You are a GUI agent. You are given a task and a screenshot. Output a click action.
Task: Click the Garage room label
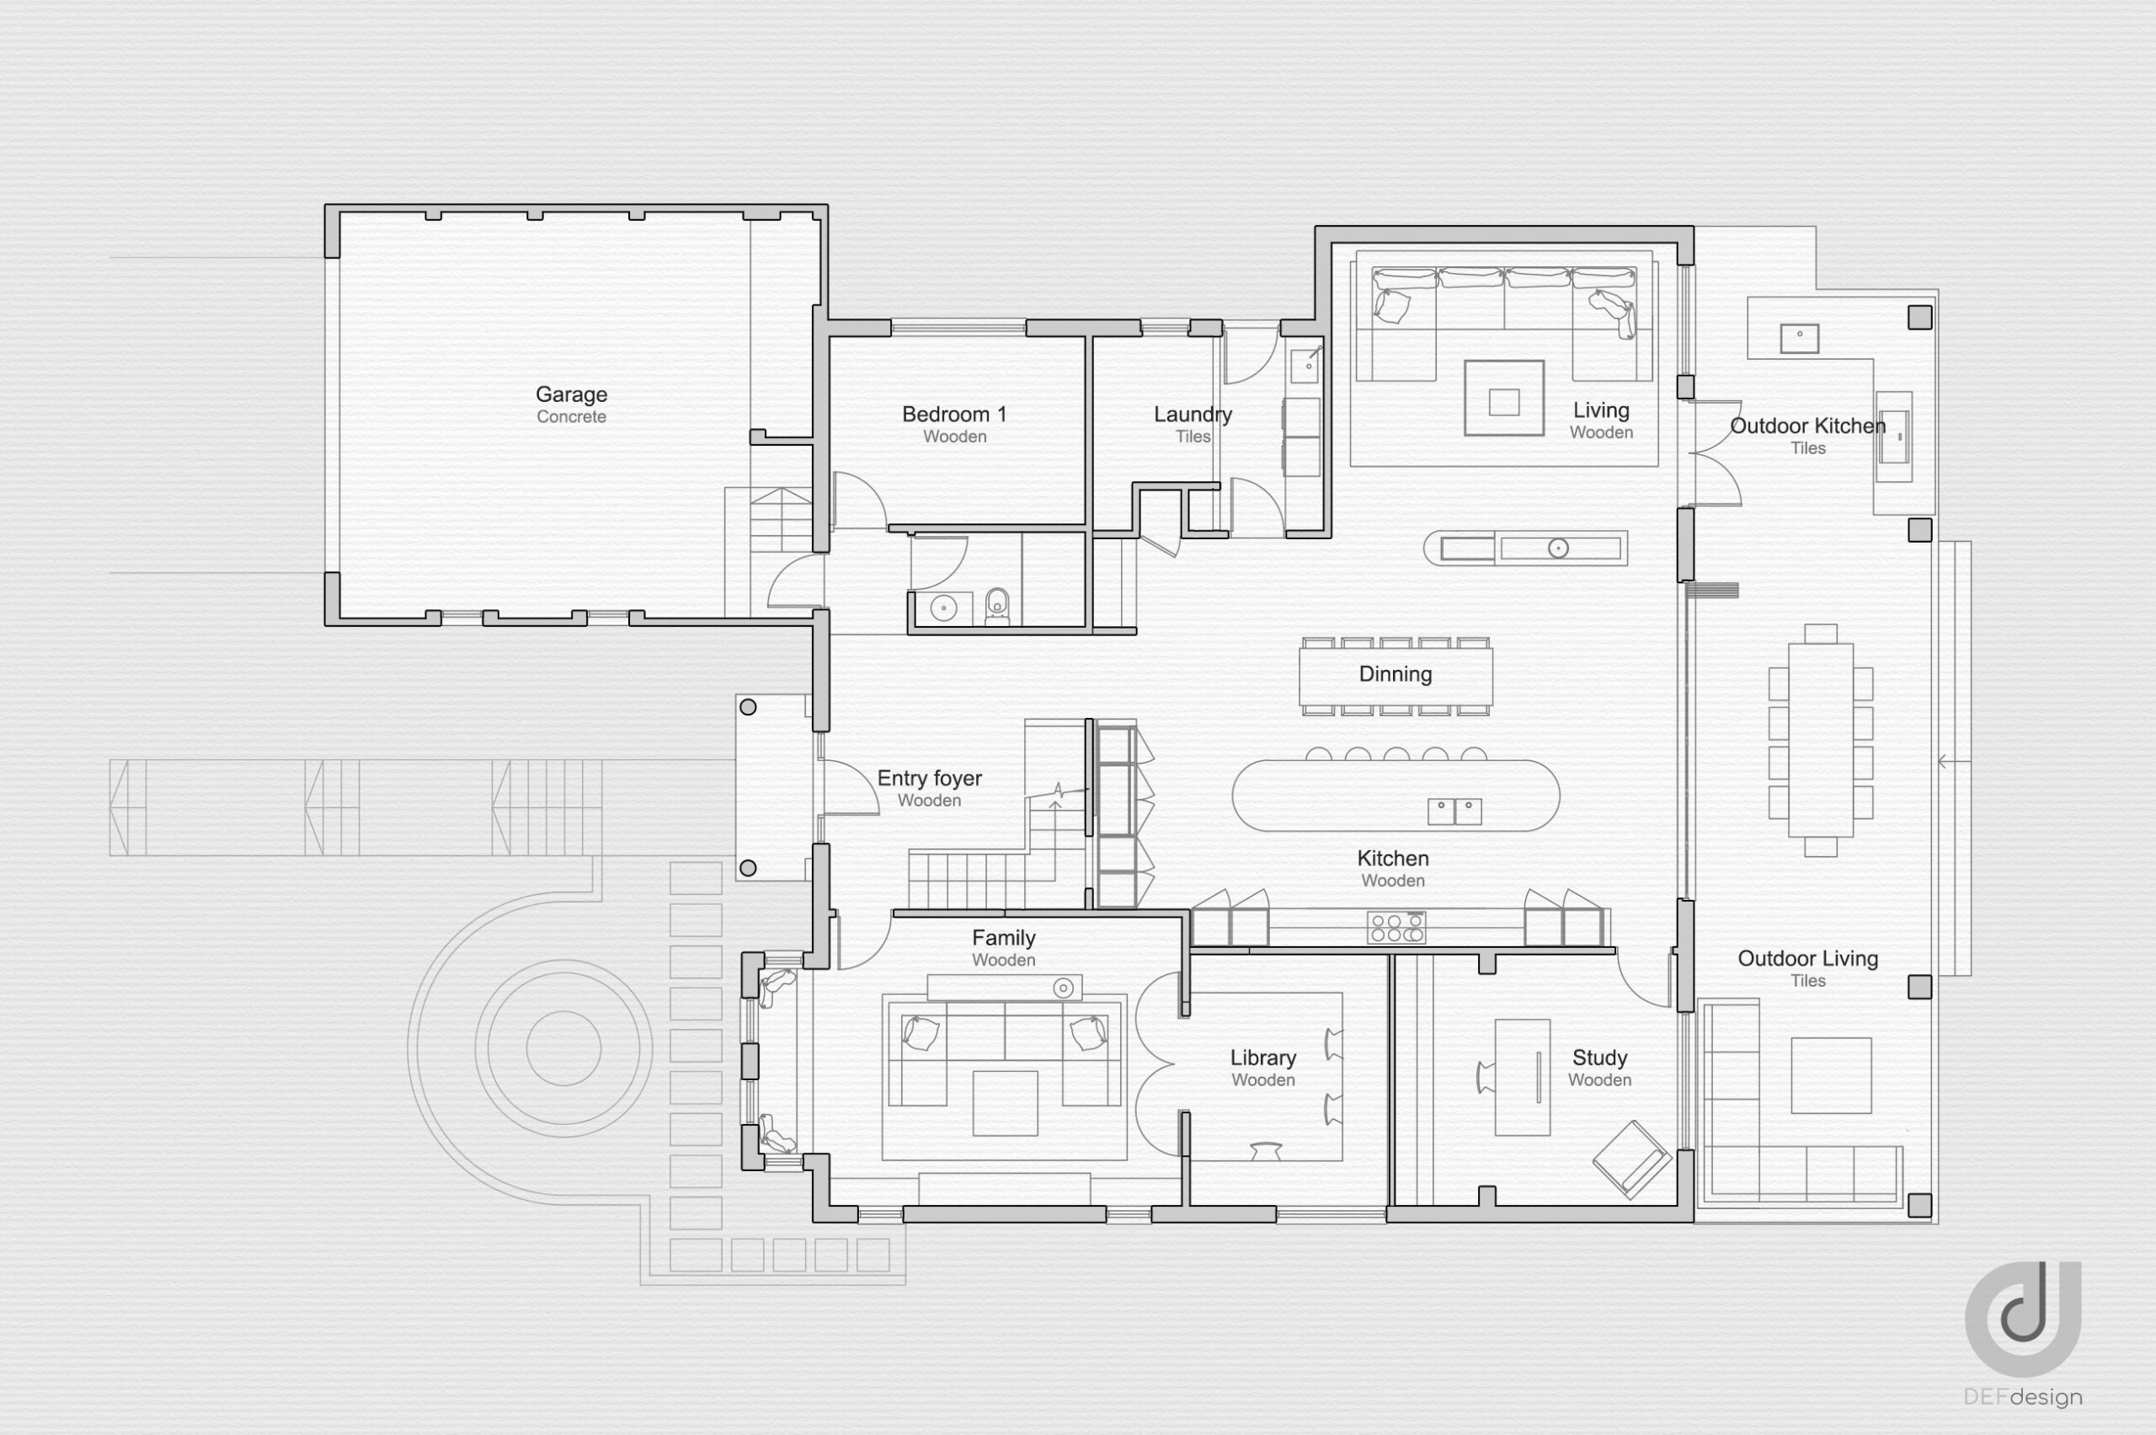[571, 394]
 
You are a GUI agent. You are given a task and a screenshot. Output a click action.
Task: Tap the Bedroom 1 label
[954, 415]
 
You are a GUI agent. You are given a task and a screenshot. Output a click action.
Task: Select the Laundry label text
[1193, 415]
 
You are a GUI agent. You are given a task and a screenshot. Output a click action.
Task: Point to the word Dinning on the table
[1395, 674]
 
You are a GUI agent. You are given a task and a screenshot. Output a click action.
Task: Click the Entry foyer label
[930, 779]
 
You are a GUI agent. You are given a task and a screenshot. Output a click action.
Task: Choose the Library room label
[1262, 1058]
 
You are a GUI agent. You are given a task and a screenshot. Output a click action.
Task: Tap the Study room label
[1599, 1058]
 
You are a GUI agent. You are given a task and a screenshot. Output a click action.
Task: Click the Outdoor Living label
[1807, 958]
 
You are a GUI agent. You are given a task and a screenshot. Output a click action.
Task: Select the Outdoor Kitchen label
[1807, 426]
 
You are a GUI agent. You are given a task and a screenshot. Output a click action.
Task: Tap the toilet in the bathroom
[998, 605]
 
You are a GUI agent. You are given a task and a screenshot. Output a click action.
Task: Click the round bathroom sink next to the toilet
[943, 607]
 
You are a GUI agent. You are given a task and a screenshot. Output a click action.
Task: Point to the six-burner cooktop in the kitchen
[1396, 927]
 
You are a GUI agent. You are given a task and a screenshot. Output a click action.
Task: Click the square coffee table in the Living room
[1504, 398]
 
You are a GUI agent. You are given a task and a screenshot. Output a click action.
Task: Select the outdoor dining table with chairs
[1820, 741]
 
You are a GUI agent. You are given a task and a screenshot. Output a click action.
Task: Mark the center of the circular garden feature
[563, 1048]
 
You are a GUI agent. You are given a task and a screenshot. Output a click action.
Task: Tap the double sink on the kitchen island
[1454, 811]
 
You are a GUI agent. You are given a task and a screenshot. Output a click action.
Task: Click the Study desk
[1522, 1077]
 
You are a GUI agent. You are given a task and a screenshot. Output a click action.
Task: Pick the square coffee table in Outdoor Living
[1830, 1075]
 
